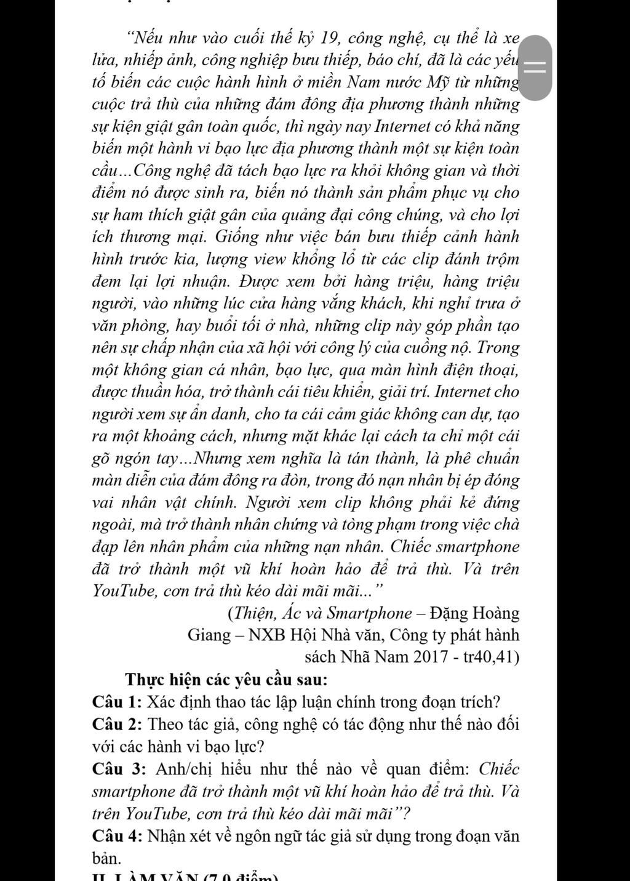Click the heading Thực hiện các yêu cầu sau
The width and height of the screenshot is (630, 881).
[x=226, y=680]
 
